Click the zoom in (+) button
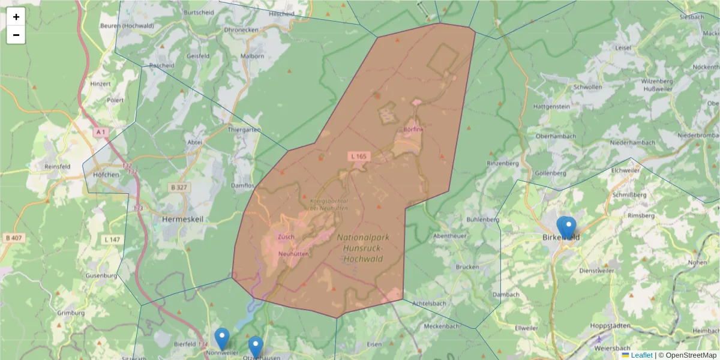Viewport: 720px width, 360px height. (x=16, y=17)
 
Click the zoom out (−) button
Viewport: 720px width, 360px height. (x=16, y=35)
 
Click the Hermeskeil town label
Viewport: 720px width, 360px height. (x=182, y=220)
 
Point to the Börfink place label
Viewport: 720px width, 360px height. (x=413, y=130)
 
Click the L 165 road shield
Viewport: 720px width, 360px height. (x=359, y=156)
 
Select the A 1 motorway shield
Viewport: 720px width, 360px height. (x=101, y=131)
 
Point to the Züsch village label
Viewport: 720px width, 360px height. (x=286, y=237)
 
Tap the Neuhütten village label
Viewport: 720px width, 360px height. (x=293, y=254)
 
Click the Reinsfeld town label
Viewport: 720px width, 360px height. (x=57, y=166)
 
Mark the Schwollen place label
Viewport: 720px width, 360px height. (x=587, y=87)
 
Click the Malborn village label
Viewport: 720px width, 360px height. (x=252, y=56)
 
